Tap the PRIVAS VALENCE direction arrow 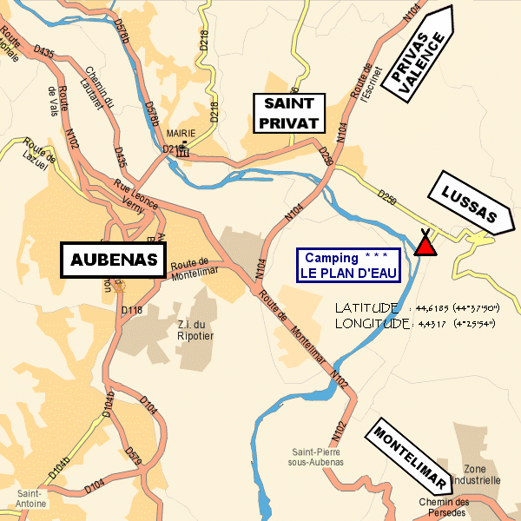422,56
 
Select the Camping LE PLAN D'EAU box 348,265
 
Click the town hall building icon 183,149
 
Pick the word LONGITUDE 372,324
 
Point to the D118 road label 131,309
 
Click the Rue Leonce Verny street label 135,197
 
